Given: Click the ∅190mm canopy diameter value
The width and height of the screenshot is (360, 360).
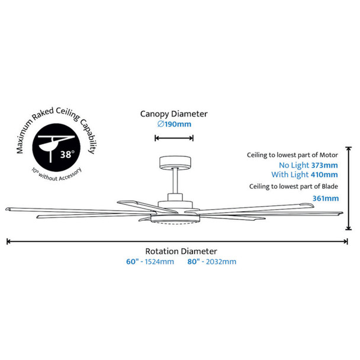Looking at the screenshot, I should coord(174,125).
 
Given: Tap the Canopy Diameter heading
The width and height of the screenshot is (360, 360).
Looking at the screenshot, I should coord(174,113).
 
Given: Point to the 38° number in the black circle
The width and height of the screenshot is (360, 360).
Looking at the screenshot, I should coord(67,155).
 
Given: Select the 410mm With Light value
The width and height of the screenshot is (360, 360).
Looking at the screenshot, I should coord(324,175).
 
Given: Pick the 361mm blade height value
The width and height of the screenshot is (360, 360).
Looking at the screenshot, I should coord(326,198).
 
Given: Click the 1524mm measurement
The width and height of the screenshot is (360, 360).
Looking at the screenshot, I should coord(160,261).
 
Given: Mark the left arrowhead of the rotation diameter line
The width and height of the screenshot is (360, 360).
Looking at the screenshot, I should coord(9,240).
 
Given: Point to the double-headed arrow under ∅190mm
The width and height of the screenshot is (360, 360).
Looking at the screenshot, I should coord(174,139).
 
